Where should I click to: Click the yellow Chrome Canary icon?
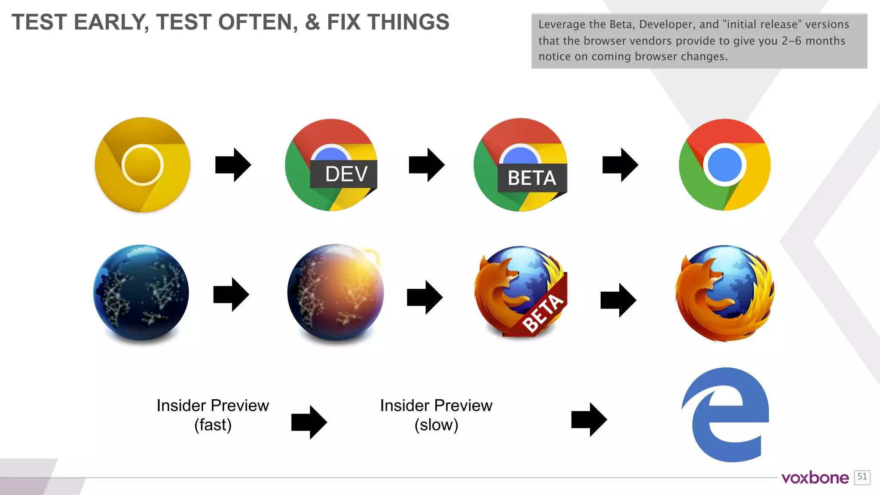coord(142,165)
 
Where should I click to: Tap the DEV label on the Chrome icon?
coord(346,174)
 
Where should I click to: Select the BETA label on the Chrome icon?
coord(532,178)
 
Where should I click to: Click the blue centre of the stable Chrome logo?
coord(724,165)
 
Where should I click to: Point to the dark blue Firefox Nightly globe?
coord(141,293)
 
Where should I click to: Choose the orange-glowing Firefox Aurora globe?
coord(336,293)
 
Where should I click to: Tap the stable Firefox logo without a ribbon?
coord(725,293)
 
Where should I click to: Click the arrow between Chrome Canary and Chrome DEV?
coord(233,165)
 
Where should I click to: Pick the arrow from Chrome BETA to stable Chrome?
coord(620,165)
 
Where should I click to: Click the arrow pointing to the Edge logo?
coord(589,420)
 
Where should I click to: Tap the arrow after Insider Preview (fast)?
coord(309,422)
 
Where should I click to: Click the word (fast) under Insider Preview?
coord(213,425)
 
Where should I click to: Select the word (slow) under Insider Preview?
coord(436,425)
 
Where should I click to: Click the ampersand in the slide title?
coord(312,22)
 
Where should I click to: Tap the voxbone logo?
coord(815,478)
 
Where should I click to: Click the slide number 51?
coord(862,477)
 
